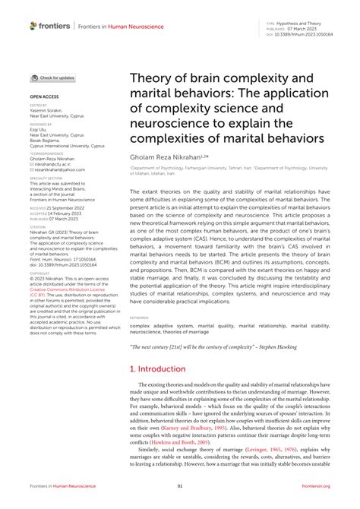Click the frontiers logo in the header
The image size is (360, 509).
[x=50, y=26]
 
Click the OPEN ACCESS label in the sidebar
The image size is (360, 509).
[x=43, y=97]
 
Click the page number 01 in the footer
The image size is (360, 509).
[x=180, y=486]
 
